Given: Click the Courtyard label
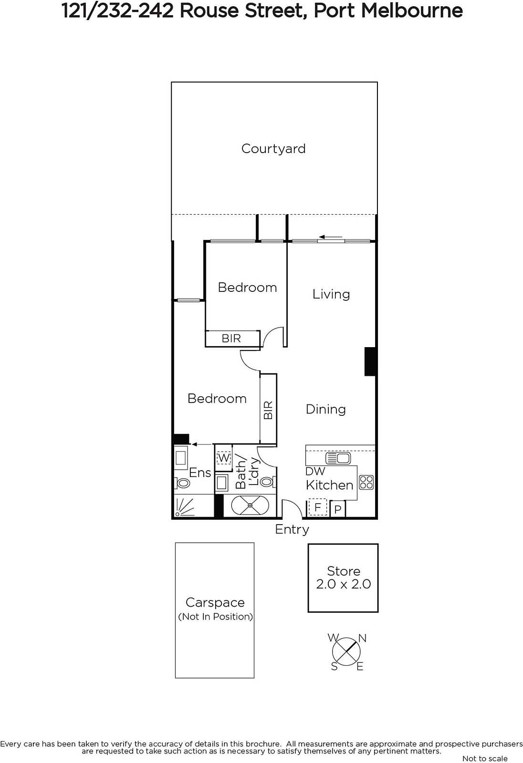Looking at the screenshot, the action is point(273,149).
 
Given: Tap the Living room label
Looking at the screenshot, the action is point(331,294).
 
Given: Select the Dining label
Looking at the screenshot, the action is point(325,409).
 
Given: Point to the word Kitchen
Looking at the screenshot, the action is point(329,485).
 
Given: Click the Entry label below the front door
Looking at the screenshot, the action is point(292,529).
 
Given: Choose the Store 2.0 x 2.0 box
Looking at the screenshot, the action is point(343,577).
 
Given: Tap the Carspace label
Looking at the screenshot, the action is point(215,602).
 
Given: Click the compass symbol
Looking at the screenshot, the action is point(346,651).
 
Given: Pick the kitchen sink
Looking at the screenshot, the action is point(338,458).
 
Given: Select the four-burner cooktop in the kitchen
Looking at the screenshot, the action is point(366,482).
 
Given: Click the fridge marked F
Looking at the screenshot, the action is point(317,508).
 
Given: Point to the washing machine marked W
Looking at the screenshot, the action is point(224,457).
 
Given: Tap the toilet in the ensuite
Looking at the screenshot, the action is point(182,483).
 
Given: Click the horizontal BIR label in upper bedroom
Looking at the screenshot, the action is point(231,338).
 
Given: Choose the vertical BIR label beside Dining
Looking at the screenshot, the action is point(268,410).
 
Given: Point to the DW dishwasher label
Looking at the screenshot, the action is point(315,472).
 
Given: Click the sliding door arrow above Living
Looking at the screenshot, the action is point(331,237).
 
